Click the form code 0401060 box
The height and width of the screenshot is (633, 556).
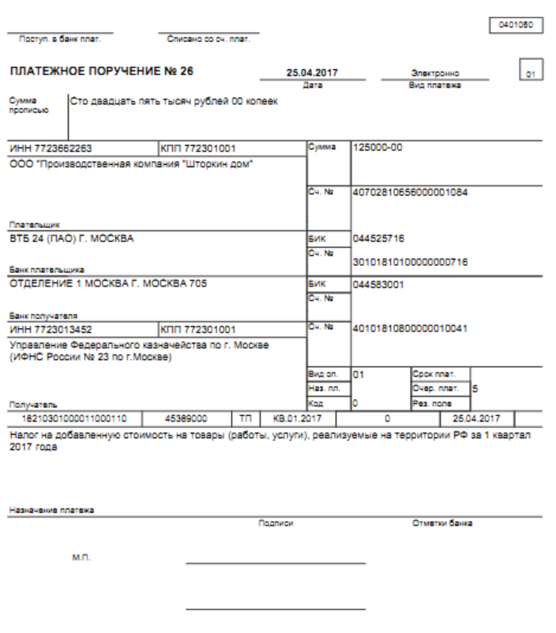[x=517, y=24]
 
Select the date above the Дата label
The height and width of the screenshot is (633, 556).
[x=311, y=73]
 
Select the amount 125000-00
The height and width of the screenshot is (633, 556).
[x=379, y=148]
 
